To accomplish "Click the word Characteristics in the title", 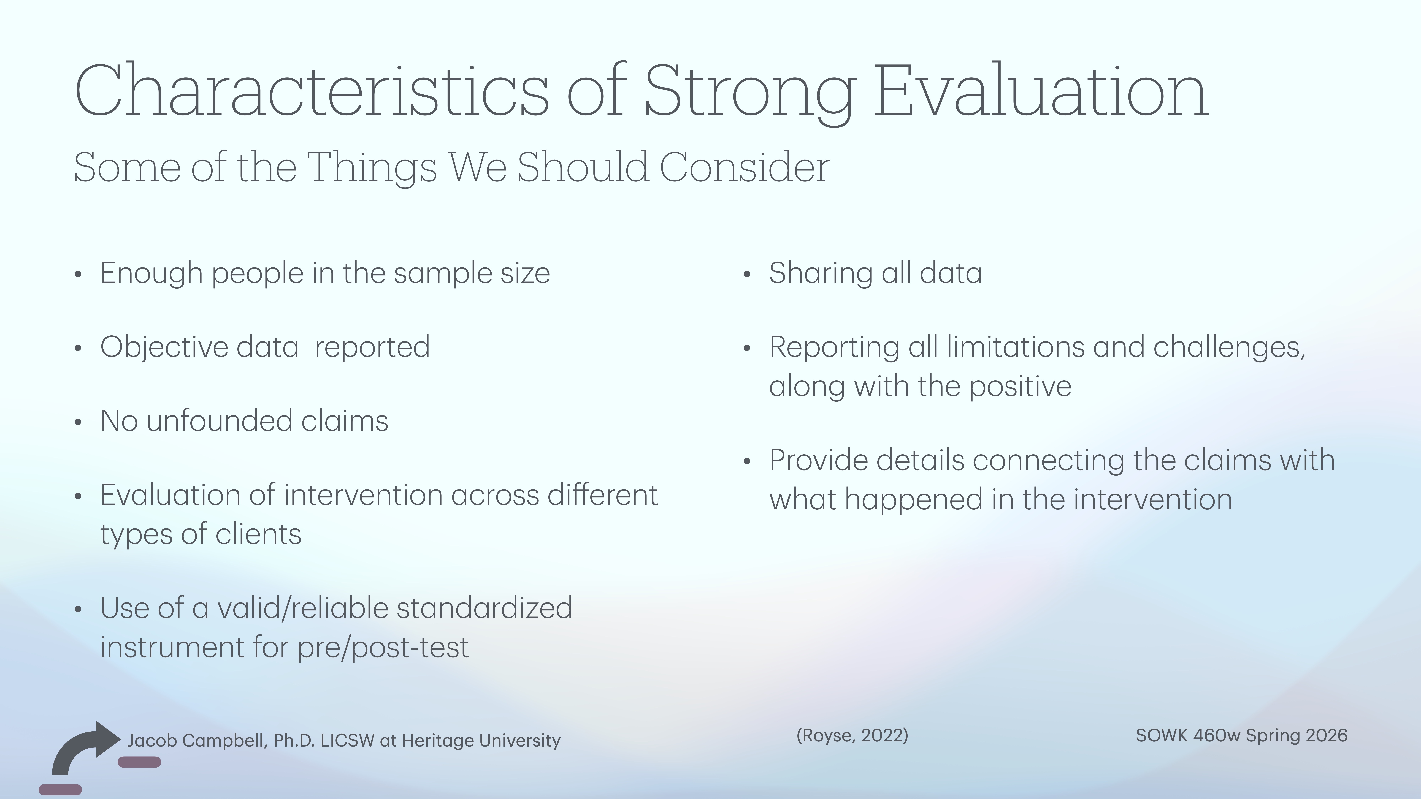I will click(312, 91).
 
